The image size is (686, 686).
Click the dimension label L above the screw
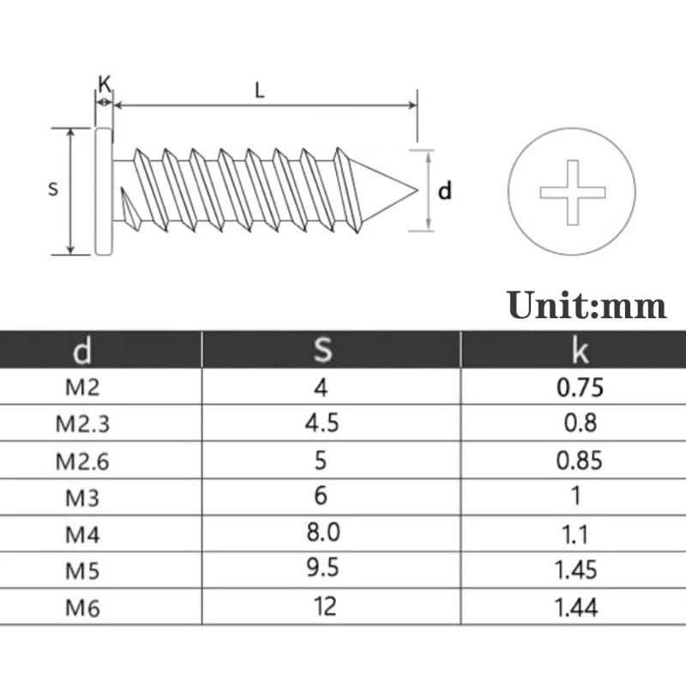[x=259, y=89]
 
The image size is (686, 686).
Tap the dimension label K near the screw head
[x=104, y=83]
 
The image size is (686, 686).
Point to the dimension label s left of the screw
[x=53, y=189]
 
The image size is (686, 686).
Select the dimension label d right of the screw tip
[x=444, y=190]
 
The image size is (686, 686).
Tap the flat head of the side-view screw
[x=103, y=190]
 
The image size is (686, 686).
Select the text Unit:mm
[x=586, y=305]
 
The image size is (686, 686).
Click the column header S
[x=322, y=350]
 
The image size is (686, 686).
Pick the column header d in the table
[x=82, y=350]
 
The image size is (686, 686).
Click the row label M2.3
[x=82, y=424]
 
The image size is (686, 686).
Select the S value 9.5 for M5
[x=322, y=569]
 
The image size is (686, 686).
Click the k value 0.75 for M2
[x=580, y=387]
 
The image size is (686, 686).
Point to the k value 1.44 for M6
[x=576, y=608]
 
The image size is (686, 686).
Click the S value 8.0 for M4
[x=322, y=533]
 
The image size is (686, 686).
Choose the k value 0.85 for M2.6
[x=580, y=460]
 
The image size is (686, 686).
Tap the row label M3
[x=82, y=497]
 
